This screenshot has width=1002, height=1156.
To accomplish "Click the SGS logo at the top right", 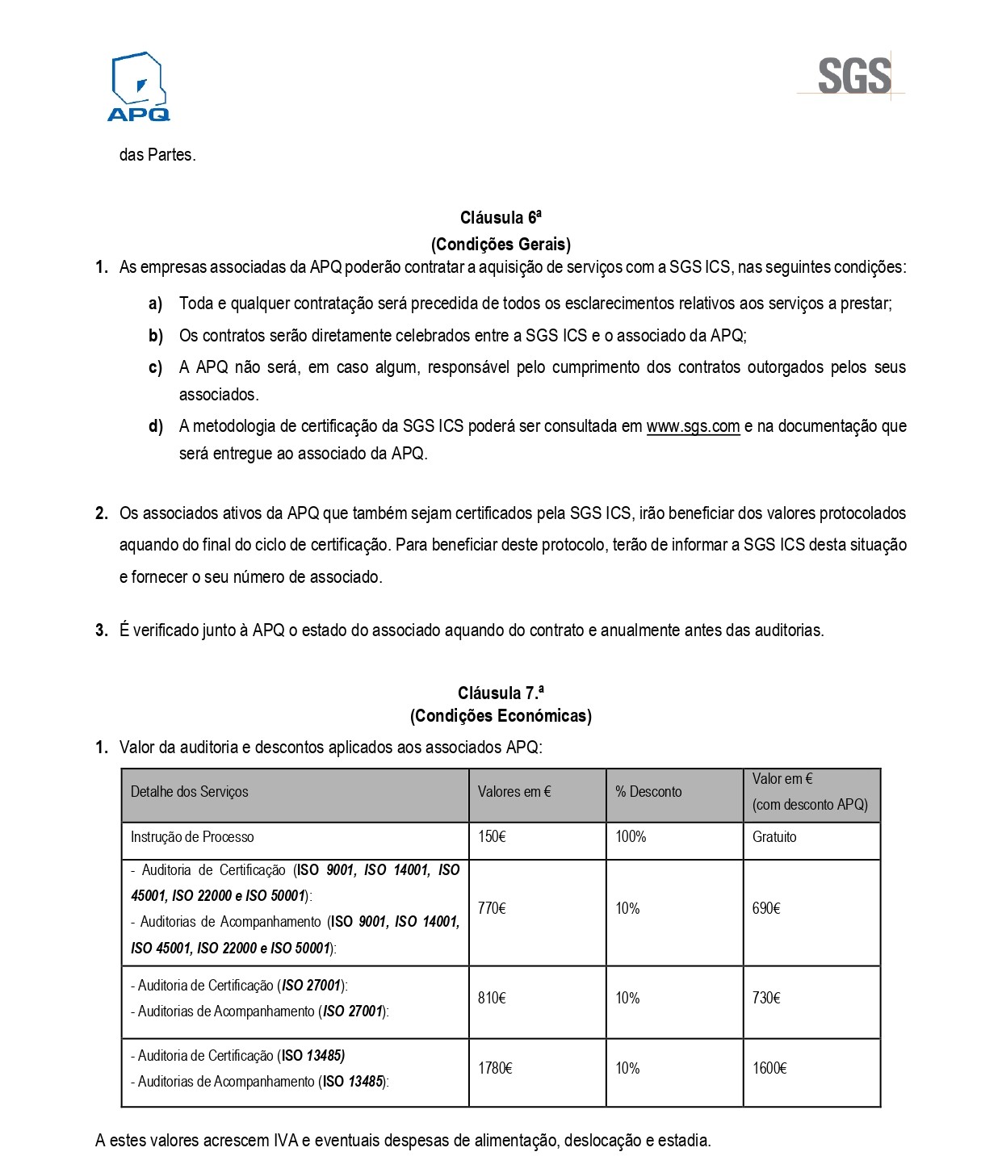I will coord(854,76).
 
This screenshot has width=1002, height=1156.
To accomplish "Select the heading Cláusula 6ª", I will coord(501,218).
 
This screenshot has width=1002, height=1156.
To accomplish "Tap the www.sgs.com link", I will coord(693,426).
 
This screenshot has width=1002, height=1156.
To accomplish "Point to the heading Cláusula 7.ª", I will coord(501,693).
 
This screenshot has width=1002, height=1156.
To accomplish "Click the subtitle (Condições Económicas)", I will coord(501,716).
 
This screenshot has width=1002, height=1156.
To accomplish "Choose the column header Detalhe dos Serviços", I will coord(190,792).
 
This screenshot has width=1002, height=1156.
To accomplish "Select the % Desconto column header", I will coord(648,792).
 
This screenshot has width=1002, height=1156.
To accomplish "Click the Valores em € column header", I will coord(514,792).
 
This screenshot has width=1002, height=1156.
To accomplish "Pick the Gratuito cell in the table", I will coord(774,837).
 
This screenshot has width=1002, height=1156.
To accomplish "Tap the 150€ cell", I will coord(492,837).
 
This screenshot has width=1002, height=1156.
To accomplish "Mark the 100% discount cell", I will coord(631,837).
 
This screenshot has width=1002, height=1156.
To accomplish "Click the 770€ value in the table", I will coord(492,909).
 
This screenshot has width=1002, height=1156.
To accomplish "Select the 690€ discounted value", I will coord(766,909).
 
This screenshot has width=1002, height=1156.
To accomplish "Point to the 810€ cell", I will coord(492,999).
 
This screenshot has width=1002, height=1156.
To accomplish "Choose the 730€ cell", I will coord(766,999).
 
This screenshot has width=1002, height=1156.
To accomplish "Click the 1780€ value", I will coord(495,1069).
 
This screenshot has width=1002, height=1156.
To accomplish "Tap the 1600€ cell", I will coord(769,1069).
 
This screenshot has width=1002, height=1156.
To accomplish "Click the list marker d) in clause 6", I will coord(156,426).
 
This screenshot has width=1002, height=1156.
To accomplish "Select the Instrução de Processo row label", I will coord(192,837).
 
